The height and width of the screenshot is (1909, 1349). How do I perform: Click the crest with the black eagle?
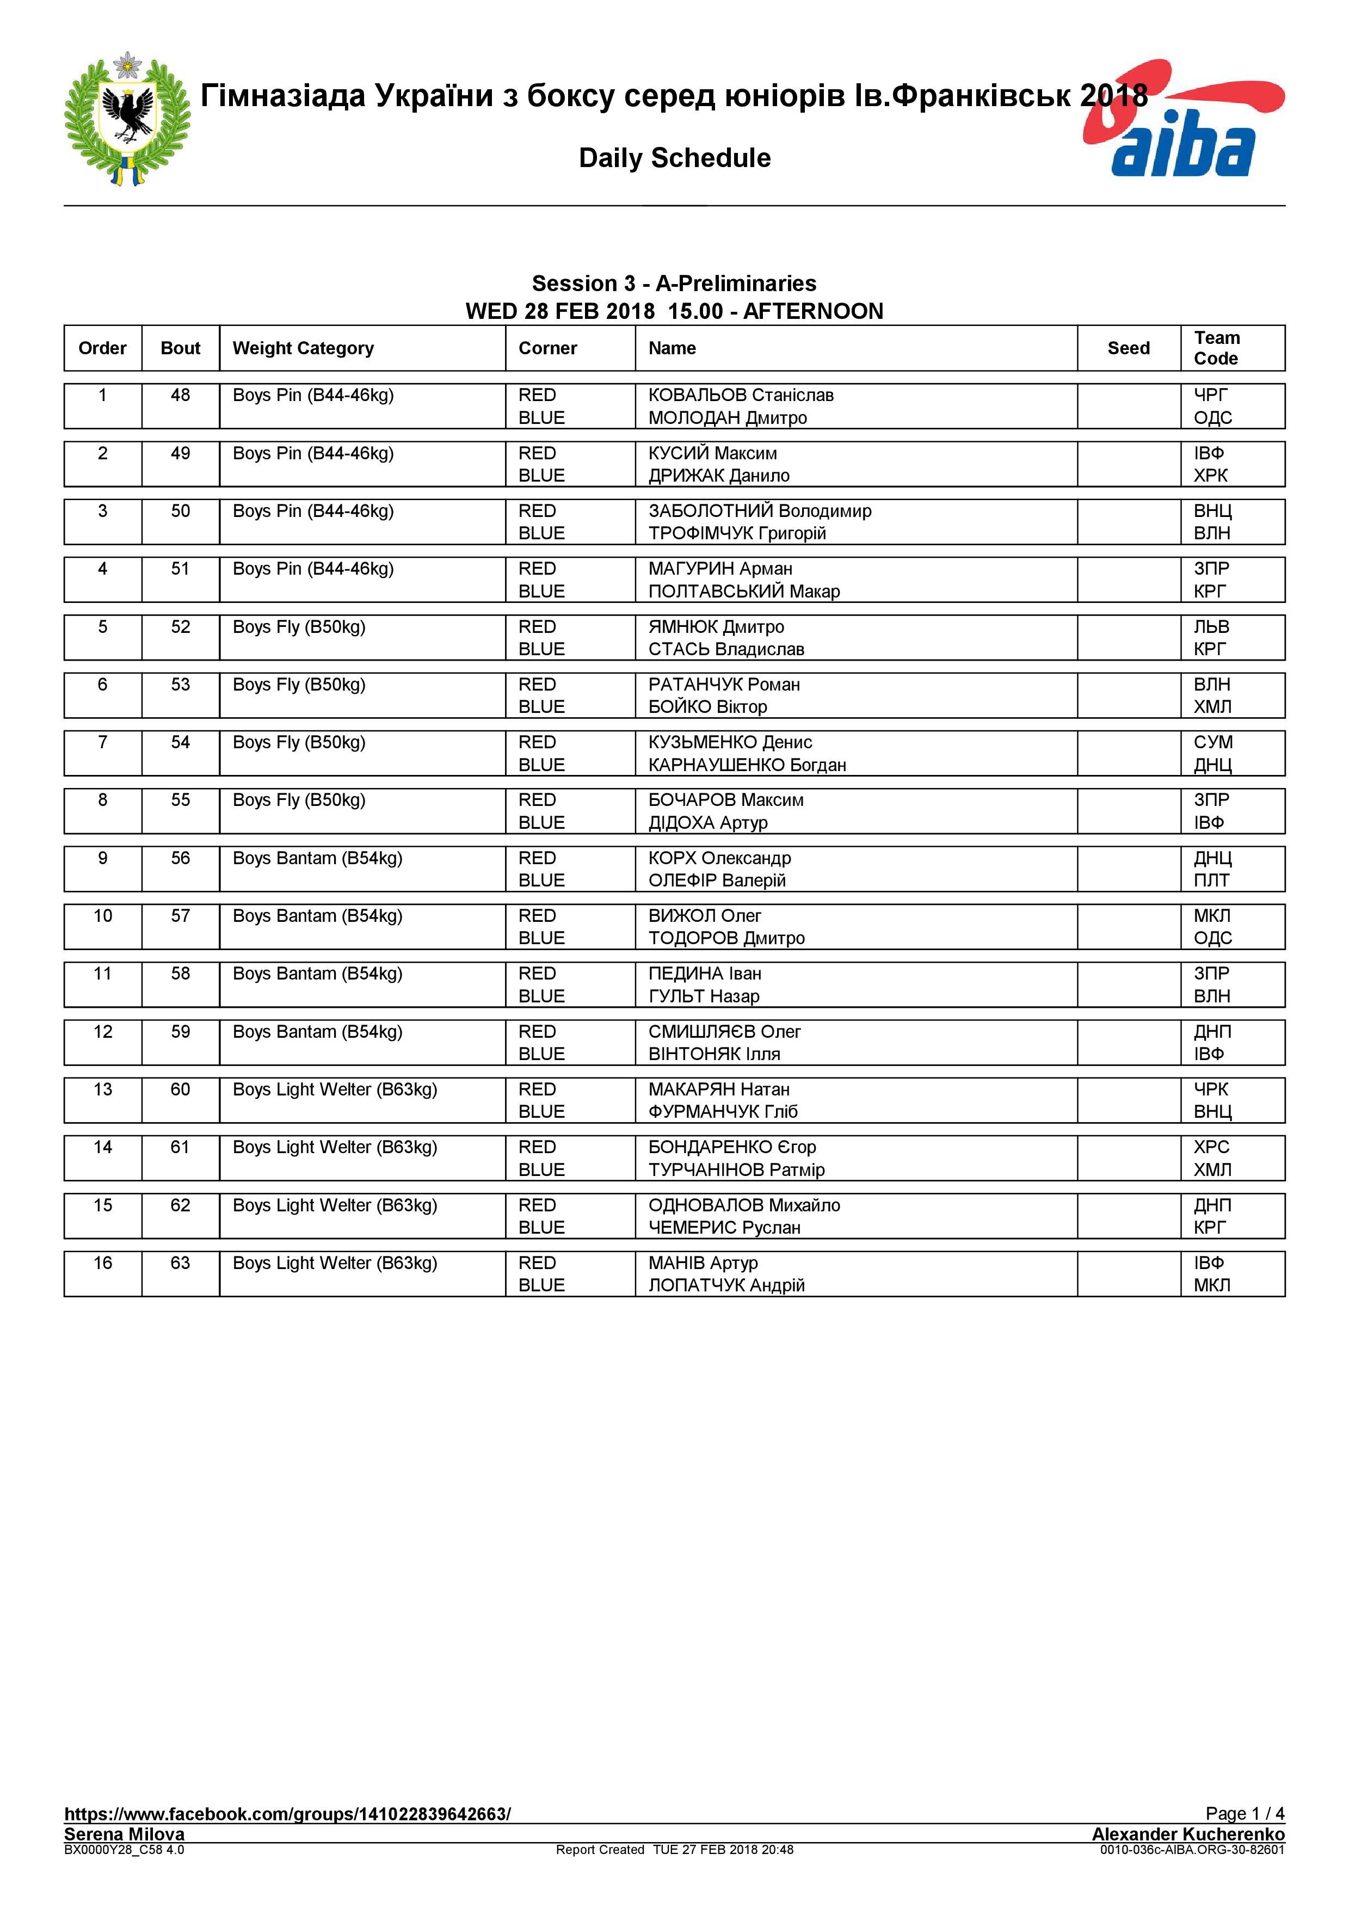[x=127, y=119]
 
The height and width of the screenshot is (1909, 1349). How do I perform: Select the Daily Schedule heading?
[x=674, y=158]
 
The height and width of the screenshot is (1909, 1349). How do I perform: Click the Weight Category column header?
[x=304, y=348]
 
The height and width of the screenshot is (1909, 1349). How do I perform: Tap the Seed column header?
[x=1128, y=348]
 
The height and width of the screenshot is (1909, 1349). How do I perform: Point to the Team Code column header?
[x=1216, y=348]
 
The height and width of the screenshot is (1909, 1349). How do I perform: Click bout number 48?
[x=180, y=395]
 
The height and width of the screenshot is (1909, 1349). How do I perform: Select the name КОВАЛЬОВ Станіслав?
[x=741, y=395]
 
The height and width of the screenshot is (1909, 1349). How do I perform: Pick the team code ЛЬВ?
[x=1211, y=627]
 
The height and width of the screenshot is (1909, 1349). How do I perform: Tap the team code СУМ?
[x=1213, y=742]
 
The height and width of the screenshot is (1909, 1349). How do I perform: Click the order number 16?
[x=102, y=1263]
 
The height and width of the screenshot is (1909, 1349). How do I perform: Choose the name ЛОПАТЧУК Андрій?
[x=726, y=1285]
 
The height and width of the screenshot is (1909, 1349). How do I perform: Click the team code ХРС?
[x=1211, y=1147]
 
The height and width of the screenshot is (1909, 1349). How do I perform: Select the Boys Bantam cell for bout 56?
[x=317, y=858]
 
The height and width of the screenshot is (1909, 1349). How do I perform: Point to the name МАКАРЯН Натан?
[x=719, y=1089]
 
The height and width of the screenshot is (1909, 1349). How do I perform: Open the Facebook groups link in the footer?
[x=287, y=1814]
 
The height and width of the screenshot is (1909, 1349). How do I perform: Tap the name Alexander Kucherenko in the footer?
[x=1188, y=1834]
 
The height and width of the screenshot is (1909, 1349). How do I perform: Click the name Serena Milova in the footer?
[x=125, y=1834]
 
